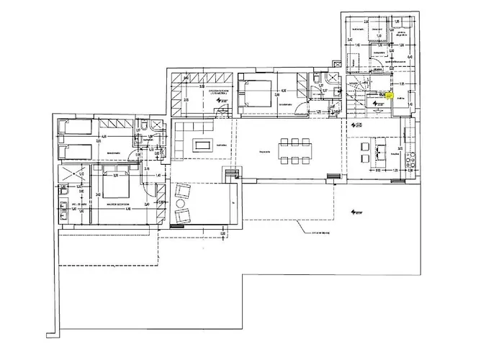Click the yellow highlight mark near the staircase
[x=388, y=94]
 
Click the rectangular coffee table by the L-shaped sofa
[x=204, y=145]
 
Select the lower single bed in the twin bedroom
[x=75, y=152]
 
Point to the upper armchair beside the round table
[x=183, y=191]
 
